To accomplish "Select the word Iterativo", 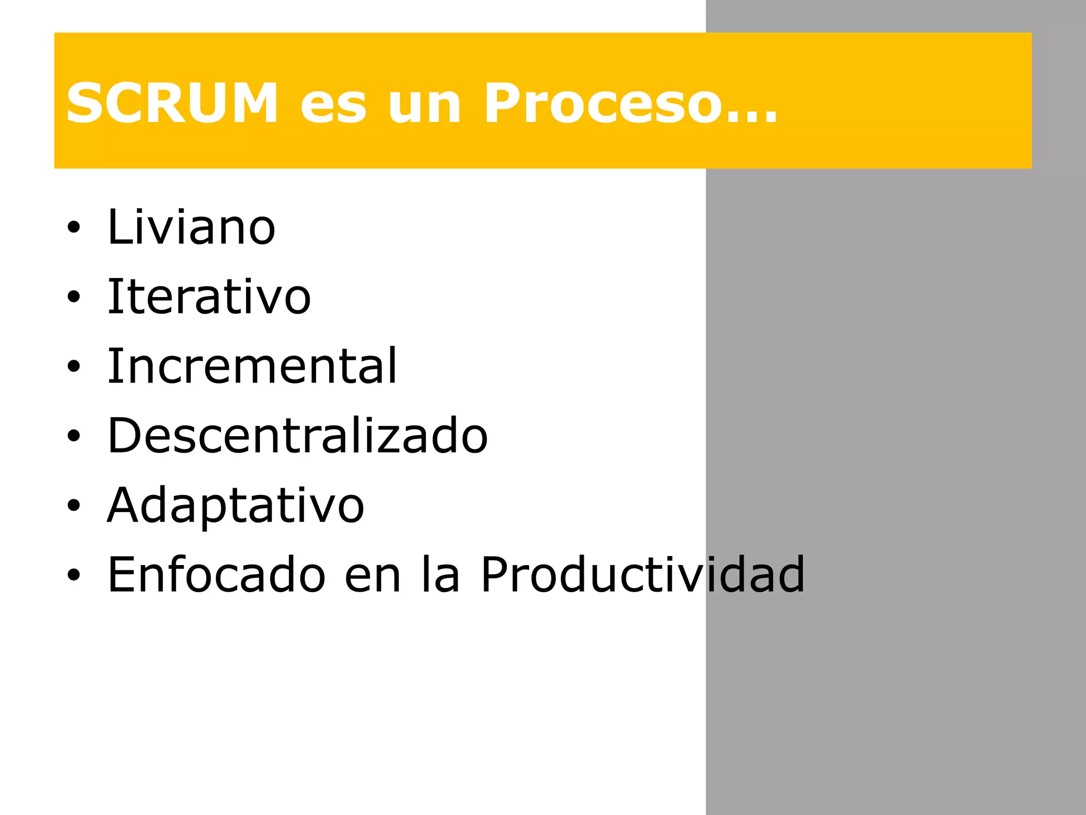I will pyautogui.click(x=209, y=297).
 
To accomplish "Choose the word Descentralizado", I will pyautogui.click(x=297, y=436).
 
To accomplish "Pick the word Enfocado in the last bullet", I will pyautogui.click(x=216, y=574).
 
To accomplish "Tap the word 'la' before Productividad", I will pyautogui.click(x=440, y=574).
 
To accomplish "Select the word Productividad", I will pyautogui.click(x=643, y=574).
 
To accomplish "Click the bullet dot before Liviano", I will pyautogui.click(x=74, y=228).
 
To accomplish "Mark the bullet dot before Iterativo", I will pyautogui.click(x=74, y=298).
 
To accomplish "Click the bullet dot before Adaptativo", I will pyautogui.click(x=74, y=506).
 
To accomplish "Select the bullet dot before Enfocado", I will pyautogui.click(x=74, y=575).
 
